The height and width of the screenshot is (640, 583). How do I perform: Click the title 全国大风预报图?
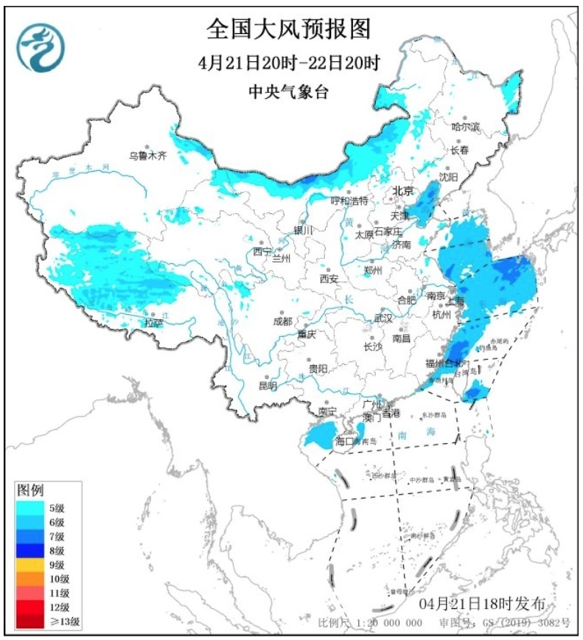(289, 29)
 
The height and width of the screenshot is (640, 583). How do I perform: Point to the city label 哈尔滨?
(465, 127)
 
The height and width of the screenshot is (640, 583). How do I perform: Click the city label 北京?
(402, 191)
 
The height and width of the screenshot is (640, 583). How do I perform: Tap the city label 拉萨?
(153, 322)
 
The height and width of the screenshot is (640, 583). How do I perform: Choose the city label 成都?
(282, 321)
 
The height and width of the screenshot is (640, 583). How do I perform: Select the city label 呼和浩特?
(349, 200)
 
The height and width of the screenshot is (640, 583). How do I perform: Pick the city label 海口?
(345, 441)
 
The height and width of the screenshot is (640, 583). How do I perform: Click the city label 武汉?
(383, 318)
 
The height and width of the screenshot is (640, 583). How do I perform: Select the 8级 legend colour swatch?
(32, 550)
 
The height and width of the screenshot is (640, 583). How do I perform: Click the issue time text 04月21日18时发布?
(482, 605)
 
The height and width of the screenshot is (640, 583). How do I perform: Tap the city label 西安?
(329, 279)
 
